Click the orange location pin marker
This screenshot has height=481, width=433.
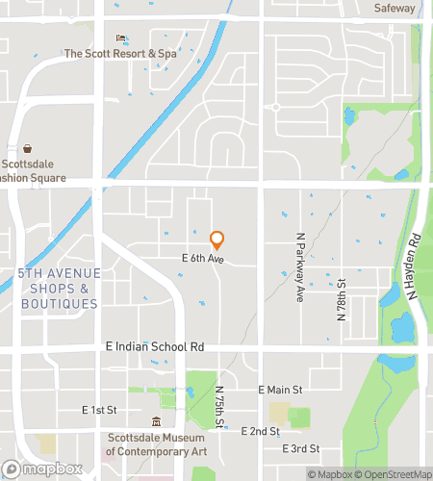[x=216, y=239]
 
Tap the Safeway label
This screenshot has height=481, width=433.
[x=395, y=8]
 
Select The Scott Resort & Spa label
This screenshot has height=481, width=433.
[x=120, y=54]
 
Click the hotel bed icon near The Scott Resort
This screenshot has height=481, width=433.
[x=121, y=38]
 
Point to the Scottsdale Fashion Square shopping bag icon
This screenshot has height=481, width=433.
[x=29, y=149]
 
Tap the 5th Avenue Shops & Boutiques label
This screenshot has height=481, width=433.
[x=58, y=289]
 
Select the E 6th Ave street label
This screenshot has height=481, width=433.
[x=202, y=260]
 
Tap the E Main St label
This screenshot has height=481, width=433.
[x=281, y=390]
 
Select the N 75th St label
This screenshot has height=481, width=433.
[x=219, y=409]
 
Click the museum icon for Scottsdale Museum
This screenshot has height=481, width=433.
[x=156, y=421]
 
